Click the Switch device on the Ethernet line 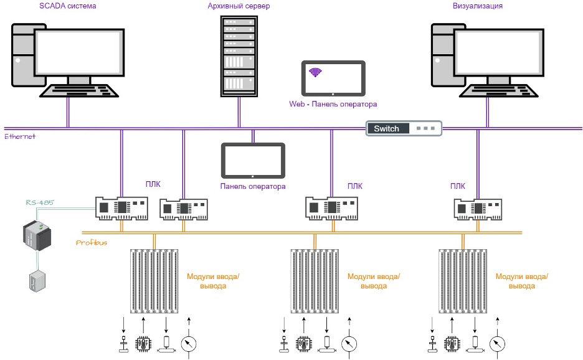click(x=404, y=128)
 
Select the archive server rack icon click(x=239, y=56)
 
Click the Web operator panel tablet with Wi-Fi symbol click(x=333, y=77)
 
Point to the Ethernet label click(x=20, y=136)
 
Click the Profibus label click(x=92, y=242)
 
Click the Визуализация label click(x=477, y=6)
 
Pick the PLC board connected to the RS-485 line click(x=123, y=208)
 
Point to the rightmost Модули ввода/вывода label click(x=521, y=282)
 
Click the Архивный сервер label click(x=239, y=6)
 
